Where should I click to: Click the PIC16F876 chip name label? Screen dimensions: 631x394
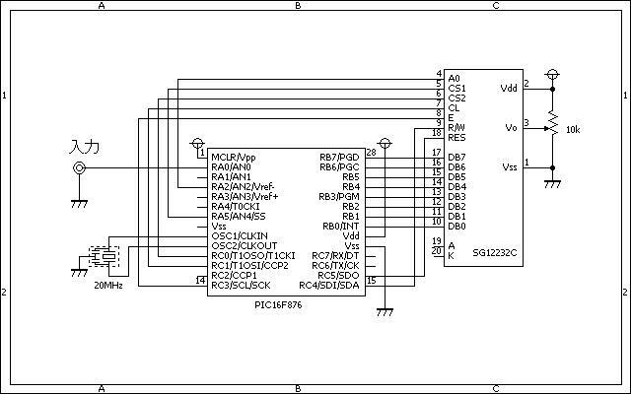(x=278, y=304)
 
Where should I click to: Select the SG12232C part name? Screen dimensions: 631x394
(x=495, y=253)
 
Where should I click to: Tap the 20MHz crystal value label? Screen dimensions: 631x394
(x=108, y=286)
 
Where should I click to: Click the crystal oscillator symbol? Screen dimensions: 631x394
(x=104, y=256)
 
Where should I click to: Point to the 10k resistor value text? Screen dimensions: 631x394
(x=573, y=129)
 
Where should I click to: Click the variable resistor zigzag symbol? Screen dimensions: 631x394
(x=553, y=124)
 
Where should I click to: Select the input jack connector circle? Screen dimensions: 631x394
(x=79, y=167)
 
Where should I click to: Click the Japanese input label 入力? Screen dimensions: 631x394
(x=85, y=147)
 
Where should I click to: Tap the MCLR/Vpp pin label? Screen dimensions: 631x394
(x=234, y=158)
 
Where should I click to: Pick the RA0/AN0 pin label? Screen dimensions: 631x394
(x=231, y=166)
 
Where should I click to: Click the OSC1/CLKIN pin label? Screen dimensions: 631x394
(x=240, y=236)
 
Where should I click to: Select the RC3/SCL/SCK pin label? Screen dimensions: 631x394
(x=241, y=286)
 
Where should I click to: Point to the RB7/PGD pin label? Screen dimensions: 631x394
(x=339, y=158)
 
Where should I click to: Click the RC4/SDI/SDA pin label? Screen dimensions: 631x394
(x=329, y=286)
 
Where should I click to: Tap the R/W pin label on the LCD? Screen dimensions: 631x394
(x=456, y=128)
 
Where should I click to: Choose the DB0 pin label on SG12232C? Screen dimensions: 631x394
(x=456, y=227)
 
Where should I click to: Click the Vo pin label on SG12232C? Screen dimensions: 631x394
(x=511, y=128)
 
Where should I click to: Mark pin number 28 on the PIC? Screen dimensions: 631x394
(x=371, y=153)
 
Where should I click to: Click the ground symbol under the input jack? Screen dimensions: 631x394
(x=79, y=204)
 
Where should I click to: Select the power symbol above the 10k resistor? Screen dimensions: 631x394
(x=552, y=75)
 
